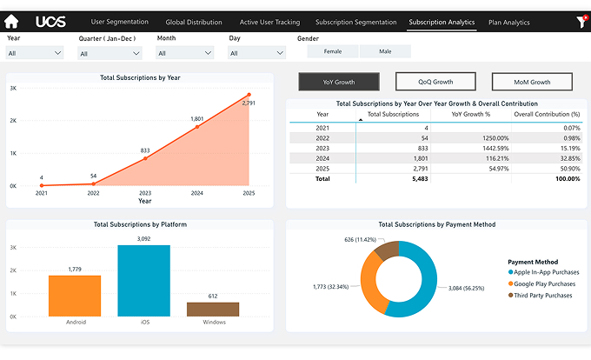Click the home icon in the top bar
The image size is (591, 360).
click(11, 22)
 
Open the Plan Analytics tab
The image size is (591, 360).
click(509, 22)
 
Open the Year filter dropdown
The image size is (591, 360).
click(35, 53)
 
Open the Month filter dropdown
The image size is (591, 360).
click(185, 53)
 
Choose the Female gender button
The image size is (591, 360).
click(333, 51)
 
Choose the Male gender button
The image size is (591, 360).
click(385, 51)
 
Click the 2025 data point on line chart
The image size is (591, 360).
click(249, 95)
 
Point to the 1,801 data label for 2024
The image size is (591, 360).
click(197, 119)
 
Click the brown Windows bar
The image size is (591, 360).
click(213, 309)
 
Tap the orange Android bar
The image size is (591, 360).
click(75, 296)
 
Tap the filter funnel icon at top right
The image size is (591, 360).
click(581, 22)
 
